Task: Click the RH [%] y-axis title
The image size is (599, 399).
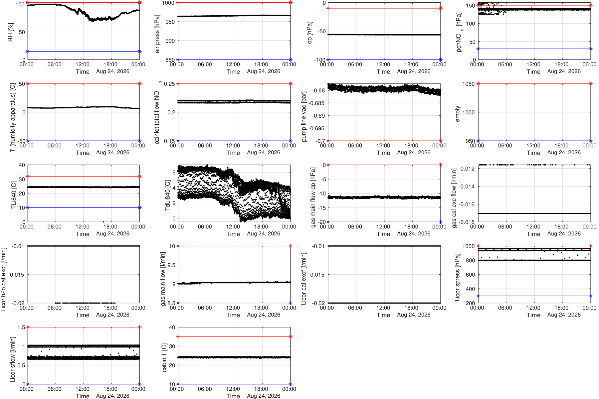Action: click(x=10, y=32)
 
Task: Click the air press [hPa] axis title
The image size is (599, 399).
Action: click(x=157, y=34)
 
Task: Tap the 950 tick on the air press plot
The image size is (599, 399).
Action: click(x=169, y=22)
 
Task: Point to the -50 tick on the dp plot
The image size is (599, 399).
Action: click(x=322, y=31)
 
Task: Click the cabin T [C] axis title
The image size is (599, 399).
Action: click(x=164, y=357)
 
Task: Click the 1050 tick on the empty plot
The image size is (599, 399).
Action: click(x=468, y=84)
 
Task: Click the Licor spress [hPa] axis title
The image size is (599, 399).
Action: click(x=458, y=277)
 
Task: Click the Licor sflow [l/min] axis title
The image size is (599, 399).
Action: click(x=13, y=359)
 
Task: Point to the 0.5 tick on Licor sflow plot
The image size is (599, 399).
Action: click(x=21, y=365)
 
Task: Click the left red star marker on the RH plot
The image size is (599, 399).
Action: click(x=28, y=3)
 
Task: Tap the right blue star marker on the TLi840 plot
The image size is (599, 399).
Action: click(x=139, y=208)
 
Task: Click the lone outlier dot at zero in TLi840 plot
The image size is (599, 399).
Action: click(x=103, y=222)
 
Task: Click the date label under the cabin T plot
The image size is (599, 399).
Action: click(x=264, y=396)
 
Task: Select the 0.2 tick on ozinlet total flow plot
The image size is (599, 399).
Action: click(x=171, y=112)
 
